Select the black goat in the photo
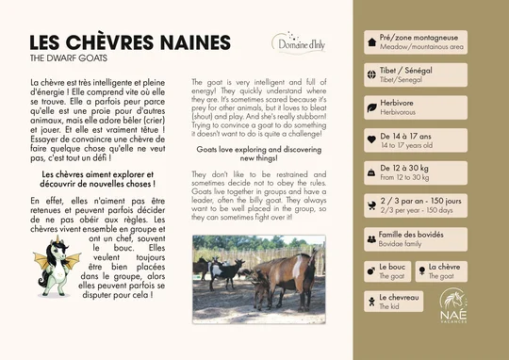(226, 269)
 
